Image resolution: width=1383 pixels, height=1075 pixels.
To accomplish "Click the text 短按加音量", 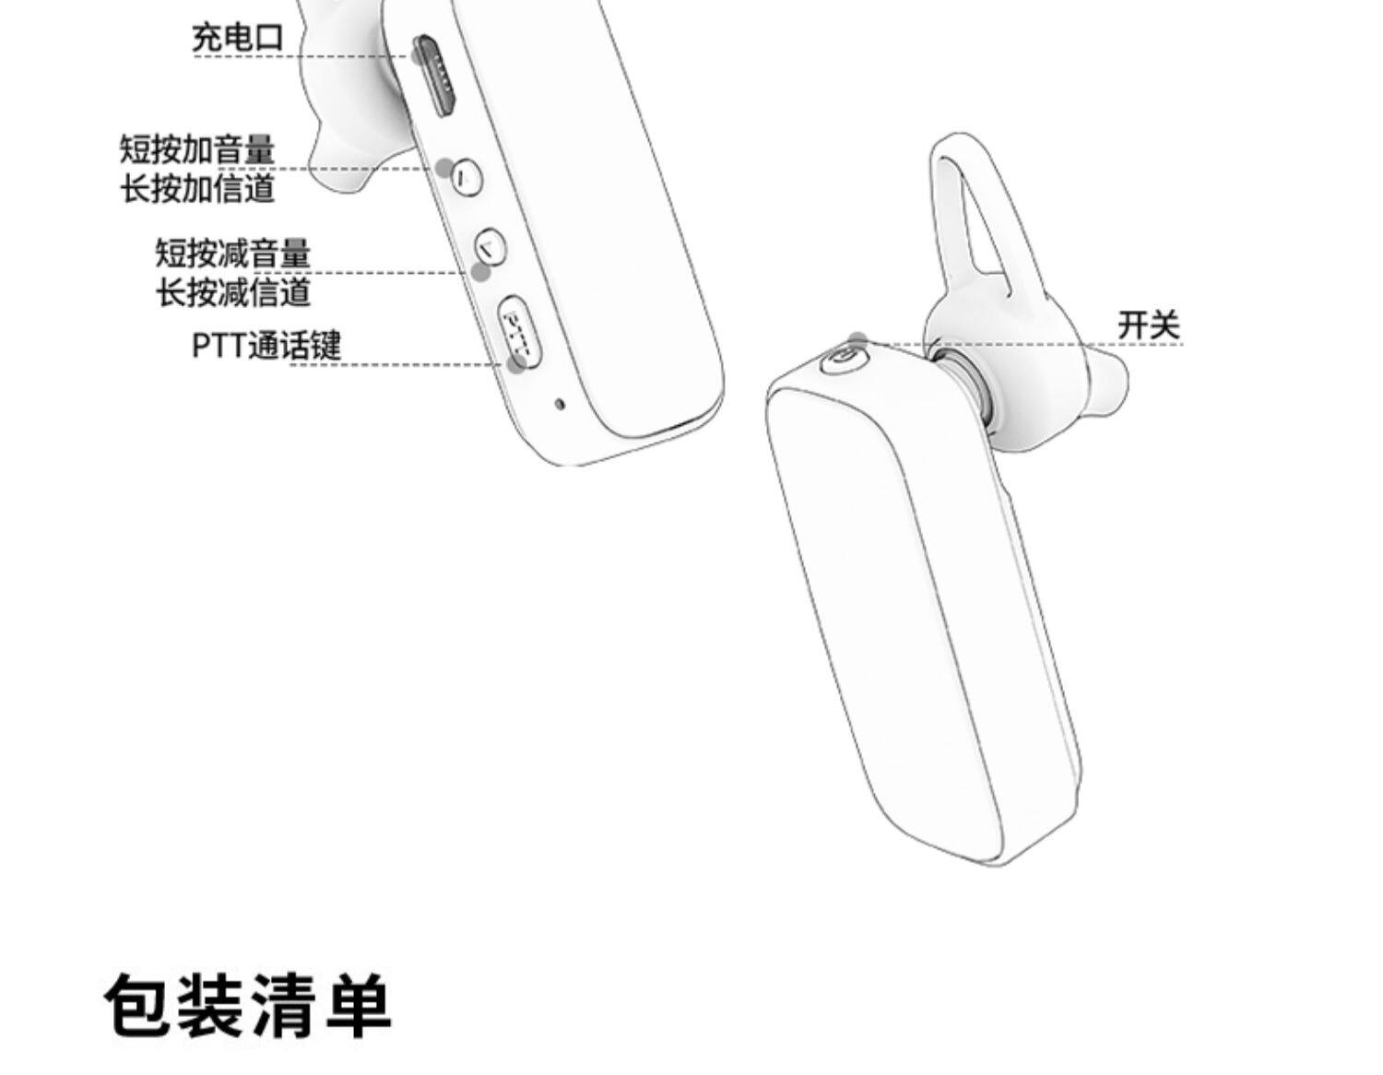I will point(197,149).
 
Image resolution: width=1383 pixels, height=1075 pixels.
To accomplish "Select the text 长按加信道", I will point(197,188).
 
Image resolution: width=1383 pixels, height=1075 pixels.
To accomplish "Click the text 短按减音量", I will point(232,253).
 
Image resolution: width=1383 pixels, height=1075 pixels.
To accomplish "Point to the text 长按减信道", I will point(232,292).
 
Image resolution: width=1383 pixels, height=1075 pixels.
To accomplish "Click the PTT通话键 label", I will point(266,345).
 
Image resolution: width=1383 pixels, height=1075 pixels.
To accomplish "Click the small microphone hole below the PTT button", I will point(559,403).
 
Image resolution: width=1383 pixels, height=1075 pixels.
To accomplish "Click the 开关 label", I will point(1148,325).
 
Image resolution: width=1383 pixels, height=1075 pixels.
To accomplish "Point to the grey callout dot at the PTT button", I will point(516,362).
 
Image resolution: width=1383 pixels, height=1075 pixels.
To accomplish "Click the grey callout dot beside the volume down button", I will point(480,272).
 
